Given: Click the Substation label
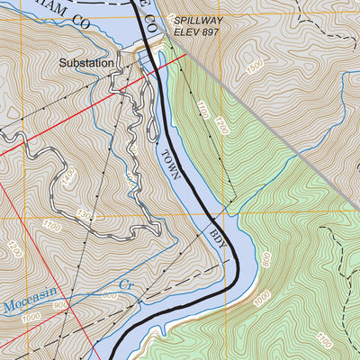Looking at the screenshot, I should tap(86, 64).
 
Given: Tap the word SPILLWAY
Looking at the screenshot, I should tap(195, 19).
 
